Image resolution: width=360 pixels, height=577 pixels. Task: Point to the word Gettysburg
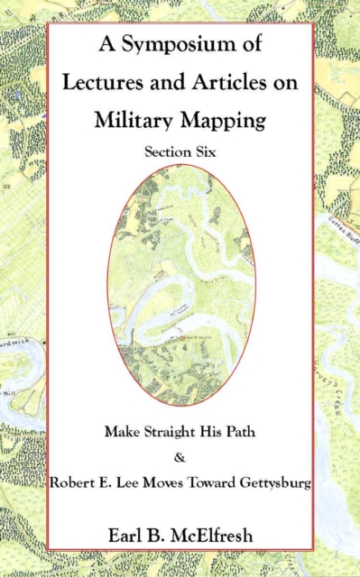272,484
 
